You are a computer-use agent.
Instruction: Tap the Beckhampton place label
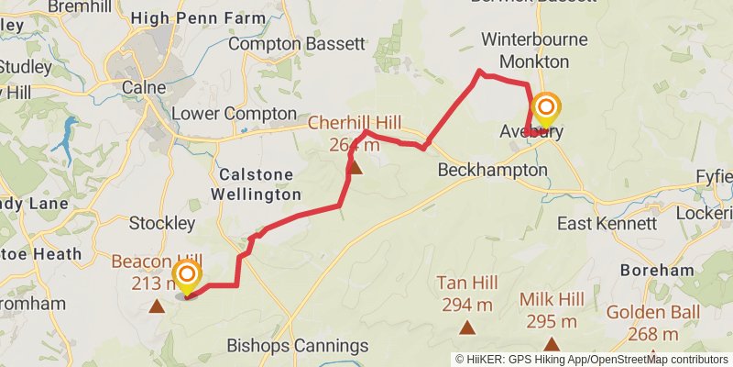tap(492, 170)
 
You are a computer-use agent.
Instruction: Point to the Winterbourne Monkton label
tap(525, 51)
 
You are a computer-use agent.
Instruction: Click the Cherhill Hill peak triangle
tap(356, 168)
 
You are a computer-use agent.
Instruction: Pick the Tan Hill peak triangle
tap(467, 327)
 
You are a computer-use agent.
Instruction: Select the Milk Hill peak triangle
tap(551, 342)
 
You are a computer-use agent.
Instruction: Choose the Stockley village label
tap(162, 223)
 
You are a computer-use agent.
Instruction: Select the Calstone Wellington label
tap(256, 183)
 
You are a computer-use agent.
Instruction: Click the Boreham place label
tap(657, 271)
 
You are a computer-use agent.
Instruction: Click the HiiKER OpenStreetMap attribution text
tap(592, 359)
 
